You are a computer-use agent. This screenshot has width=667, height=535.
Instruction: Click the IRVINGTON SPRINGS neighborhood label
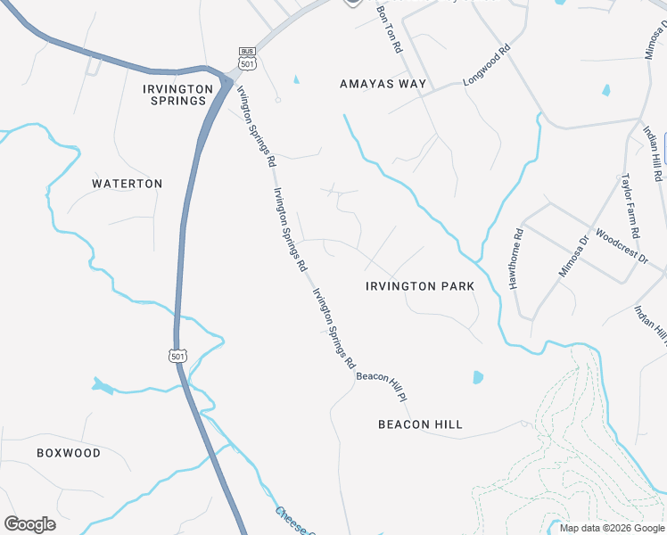[178, 95]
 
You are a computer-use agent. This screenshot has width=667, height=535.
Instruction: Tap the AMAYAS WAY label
[383, 84]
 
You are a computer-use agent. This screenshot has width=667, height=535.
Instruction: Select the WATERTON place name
[128, 184]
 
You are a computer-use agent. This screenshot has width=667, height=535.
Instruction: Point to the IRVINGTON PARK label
[420, 286]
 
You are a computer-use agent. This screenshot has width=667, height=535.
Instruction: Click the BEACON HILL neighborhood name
[420, 424]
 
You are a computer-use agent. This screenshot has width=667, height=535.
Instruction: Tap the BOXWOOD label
[69, 453]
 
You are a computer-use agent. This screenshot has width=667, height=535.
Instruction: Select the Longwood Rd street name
[485, 67]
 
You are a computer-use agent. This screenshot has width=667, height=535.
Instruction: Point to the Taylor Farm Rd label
[630, 205]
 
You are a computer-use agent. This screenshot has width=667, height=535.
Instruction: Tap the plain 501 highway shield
[177, 355]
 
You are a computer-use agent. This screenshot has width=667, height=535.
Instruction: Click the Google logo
[29, 524]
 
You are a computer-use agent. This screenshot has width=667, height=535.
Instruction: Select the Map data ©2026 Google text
[612, 528]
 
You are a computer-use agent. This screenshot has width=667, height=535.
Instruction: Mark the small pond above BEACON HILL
[478, 377]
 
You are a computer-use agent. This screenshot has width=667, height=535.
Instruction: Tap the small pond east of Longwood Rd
[606, 90]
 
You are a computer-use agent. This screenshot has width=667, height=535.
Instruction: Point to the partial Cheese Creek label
[292, 523]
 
